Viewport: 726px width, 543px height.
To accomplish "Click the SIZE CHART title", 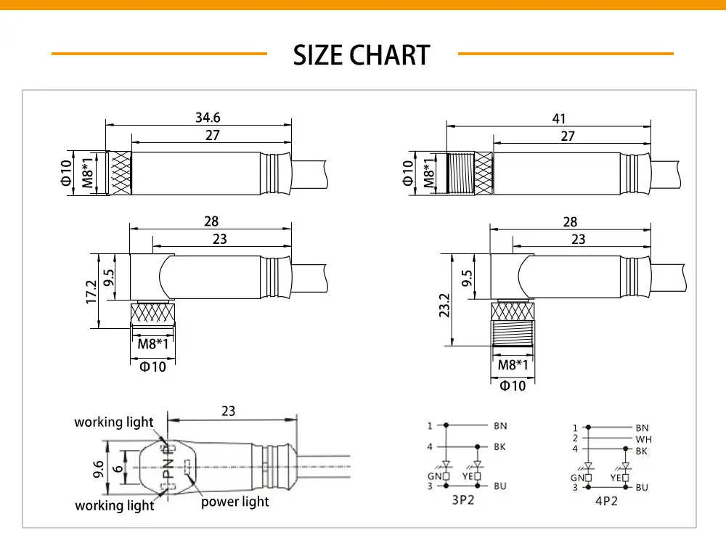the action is pos(362,55).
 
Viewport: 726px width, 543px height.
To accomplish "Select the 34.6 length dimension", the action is pos(208,118).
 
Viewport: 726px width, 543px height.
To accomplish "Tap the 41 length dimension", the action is pos(559,119).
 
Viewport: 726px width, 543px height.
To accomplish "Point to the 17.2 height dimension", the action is pos(91,292).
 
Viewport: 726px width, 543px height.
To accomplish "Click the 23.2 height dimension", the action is pos(444,306).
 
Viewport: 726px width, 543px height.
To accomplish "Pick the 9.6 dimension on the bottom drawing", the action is pos(98,469).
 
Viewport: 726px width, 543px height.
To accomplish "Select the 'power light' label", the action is pos(234,502).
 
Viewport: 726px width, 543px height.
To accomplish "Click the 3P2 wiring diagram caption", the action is pos(463,500).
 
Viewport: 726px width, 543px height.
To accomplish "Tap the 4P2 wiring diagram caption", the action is pos(606,502).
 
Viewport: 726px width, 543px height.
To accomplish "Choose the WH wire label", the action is pos(643,439).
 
